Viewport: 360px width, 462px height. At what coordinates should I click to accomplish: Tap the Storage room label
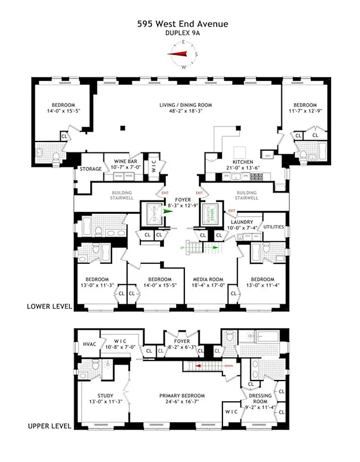point(91,169)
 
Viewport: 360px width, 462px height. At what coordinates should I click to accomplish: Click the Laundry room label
point(243,222)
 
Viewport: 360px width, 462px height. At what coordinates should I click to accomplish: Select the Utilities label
point(273,227)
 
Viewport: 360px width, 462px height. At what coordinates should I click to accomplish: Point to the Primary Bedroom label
point(182,396)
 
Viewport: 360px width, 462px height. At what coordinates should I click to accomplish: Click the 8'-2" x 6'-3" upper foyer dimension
point(181,348)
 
